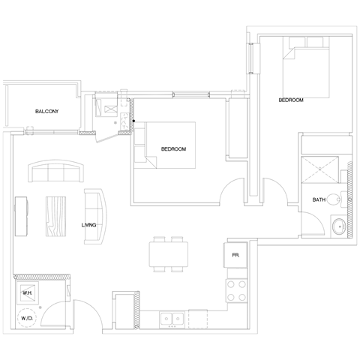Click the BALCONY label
[46, 112]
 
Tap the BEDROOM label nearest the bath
[290, 100]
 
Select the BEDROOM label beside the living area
[173, 149]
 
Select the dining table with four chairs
[167, 253]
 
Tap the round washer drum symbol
[28, 317]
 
